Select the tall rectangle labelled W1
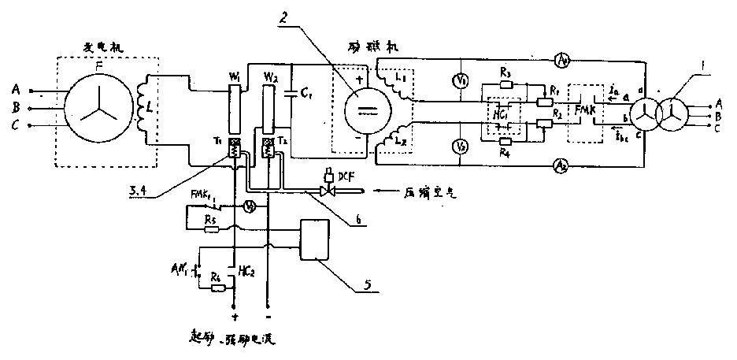click(232, 109)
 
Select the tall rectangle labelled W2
click(268, 109)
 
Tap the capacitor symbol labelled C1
click(291, 94)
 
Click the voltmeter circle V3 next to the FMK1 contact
click(247, 207)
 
